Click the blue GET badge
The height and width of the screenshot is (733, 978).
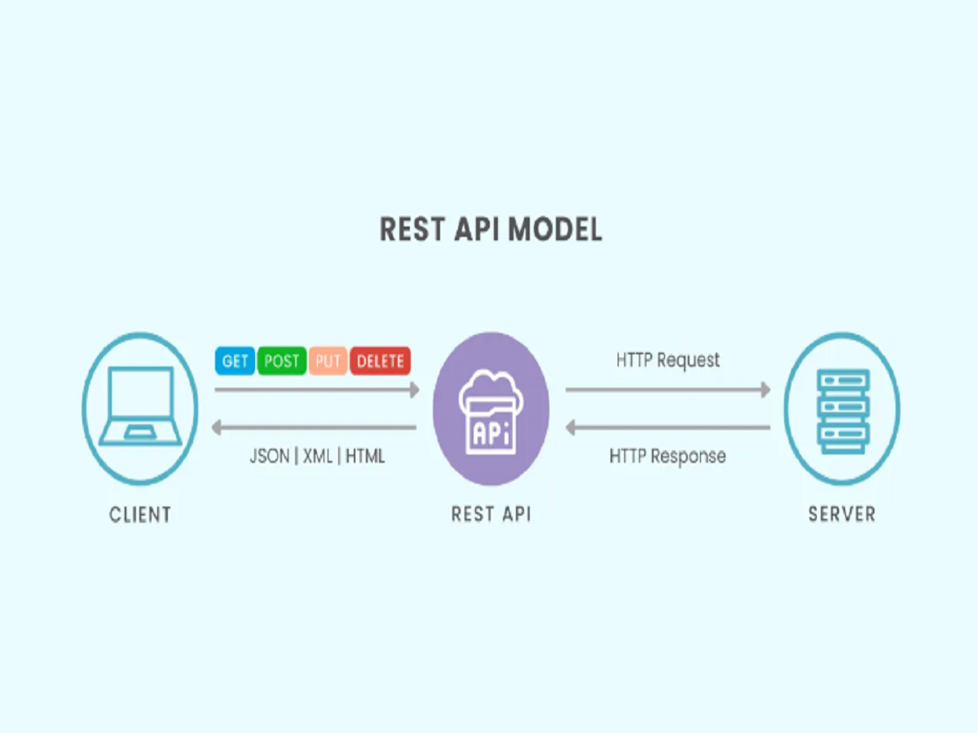(x=235, y=361)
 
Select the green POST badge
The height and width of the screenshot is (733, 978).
(x=282, y=361)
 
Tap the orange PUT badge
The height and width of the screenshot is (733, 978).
(x=328, y=361)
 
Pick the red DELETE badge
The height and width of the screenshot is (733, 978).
(x=380, y=361)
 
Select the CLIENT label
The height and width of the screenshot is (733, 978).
(x=140, y=515)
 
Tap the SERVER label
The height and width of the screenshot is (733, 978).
(x=842, y=515)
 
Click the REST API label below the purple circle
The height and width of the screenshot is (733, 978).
(x=491, y=515)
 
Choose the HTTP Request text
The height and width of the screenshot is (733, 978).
(x=667, y=359)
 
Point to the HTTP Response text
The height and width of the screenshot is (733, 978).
(x=667, y=456)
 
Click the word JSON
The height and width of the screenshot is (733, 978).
(x=269, y=456)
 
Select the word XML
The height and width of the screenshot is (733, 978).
(x=318, y=456)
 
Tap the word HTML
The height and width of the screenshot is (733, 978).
(x=365, y=456)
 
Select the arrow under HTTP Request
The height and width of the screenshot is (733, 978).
(x=667, y=390)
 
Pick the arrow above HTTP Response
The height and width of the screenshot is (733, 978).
(x=667, y=427)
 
